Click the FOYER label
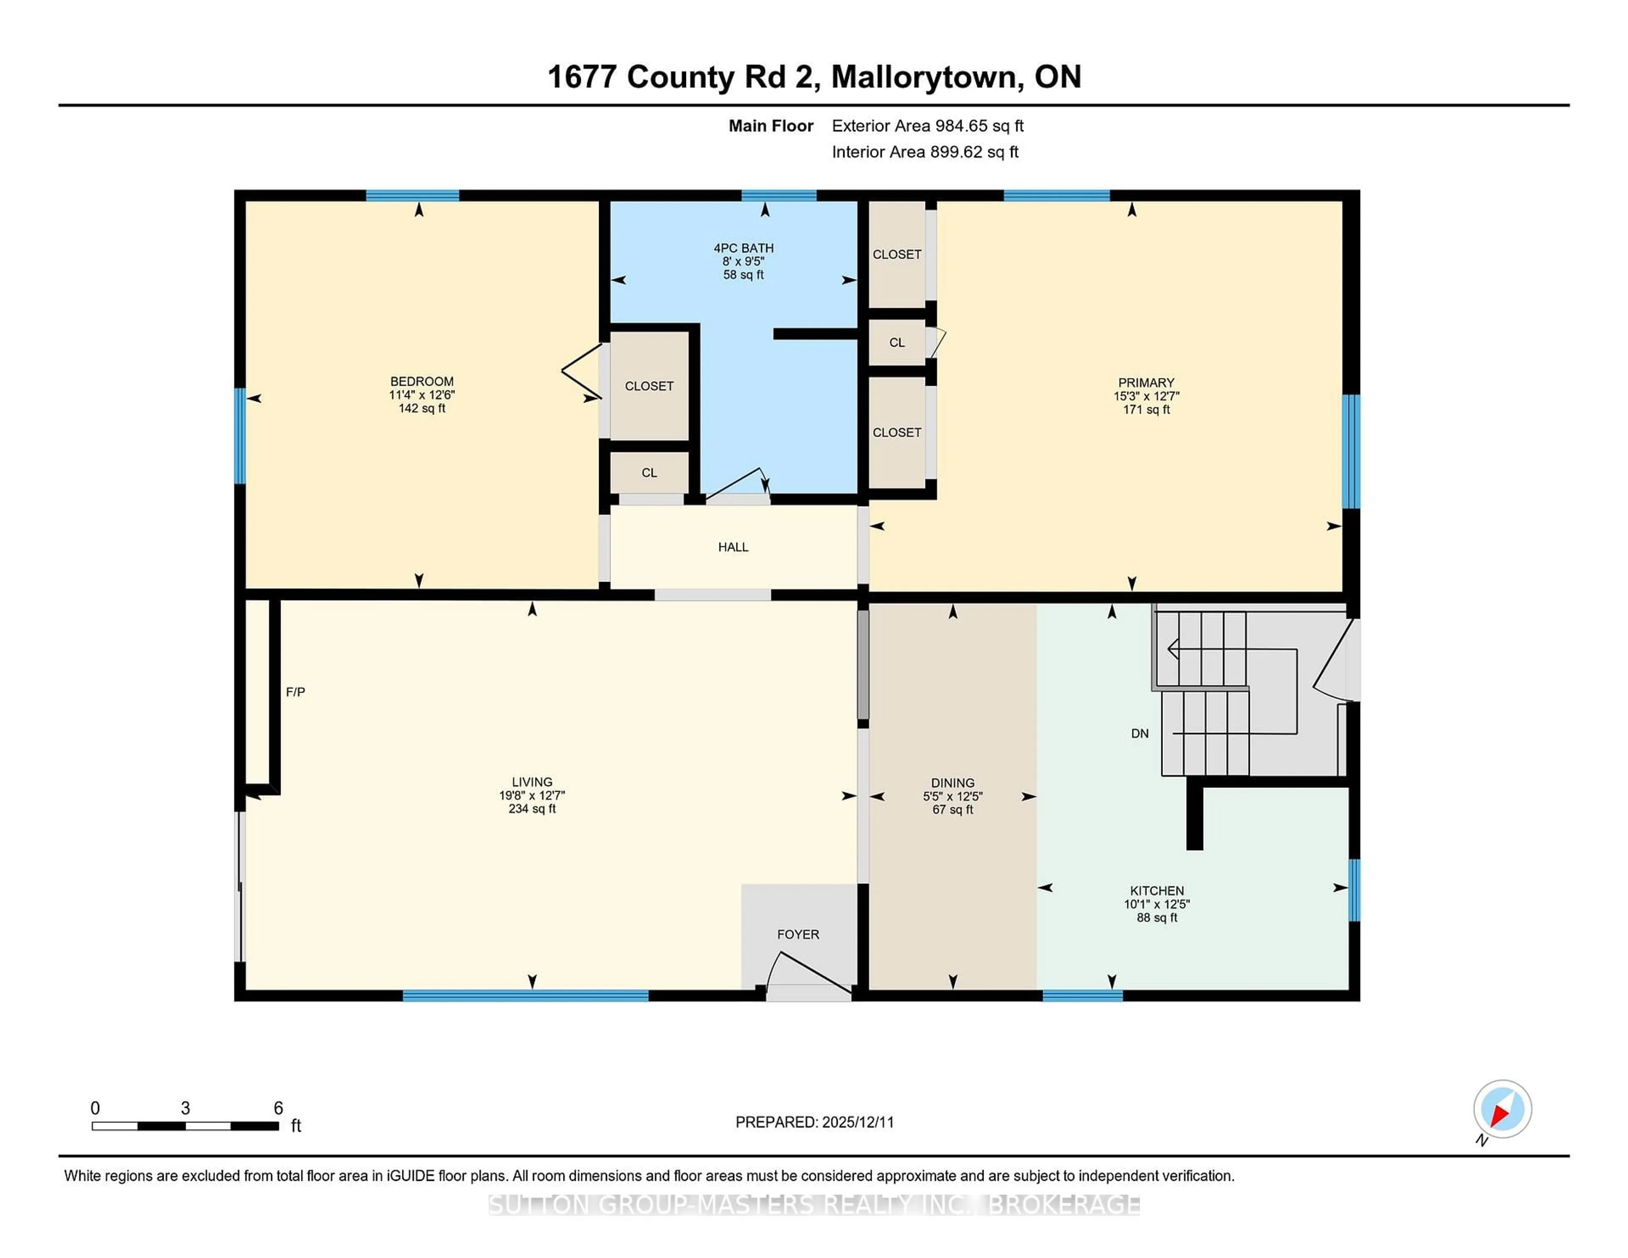pyautogui.click(x=797, y=934)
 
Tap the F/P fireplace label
pyautogui.click(x=295, y=692)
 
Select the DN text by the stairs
pyautogui.click(x=1139, y=733)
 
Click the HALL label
pyautogui.click(x=733, y=547)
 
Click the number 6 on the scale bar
pyautogui.click(x=278, y=1108)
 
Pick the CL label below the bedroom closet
pyautogui.click(x=649, y=473)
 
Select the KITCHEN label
pyautogui.click(x=1156, y=891)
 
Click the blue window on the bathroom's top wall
pyautogui.click(x=778, y=196)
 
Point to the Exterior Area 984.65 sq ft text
pyautogui.click(x=927, y=126)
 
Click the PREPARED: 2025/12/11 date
pyautogui.click(x=814, y=1122)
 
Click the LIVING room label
pyautogui.click(x=532, y=782)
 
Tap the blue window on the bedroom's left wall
pyautogui.click(x=239, y=436)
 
